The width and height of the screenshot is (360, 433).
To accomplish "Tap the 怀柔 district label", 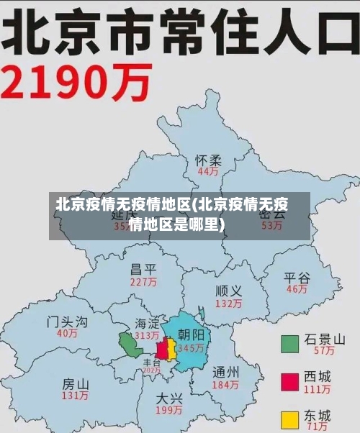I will (x=209, y=160).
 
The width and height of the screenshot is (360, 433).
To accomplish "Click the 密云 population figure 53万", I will (x=271, y=226).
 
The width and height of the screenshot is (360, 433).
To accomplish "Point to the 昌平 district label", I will (x=143, y=270).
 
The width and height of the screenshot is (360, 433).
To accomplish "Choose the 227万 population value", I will (x=143, y=282).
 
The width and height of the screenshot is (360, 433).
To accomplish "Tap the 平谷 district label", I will (x=297, y=278).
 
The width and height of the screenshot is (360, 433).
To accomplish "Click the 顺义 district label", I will (x=228, y=291).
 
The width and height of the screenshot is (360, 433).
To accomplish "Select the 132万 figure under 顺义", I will (x=228, y=304).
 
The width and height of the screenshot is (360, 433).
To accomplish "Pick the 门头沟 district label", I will (x=68, y=321).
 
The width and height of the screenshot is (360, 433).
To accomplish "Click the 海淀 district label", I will (x=147, y=324).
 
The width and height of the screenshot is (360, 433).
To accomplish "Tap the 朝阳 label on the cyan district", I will (x=191, y=335).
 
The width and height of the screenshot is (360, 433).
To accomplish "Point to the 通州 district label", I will (x=226, y=373).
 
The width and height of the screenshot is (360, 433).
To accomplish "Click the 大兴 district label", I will (x=169, y=398).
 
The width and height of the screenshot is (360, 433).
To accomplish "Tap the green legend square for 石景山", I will (x=289, y=344).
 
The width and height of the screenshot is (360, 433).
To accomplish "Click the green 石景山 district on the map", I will (x=130, y=345).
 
